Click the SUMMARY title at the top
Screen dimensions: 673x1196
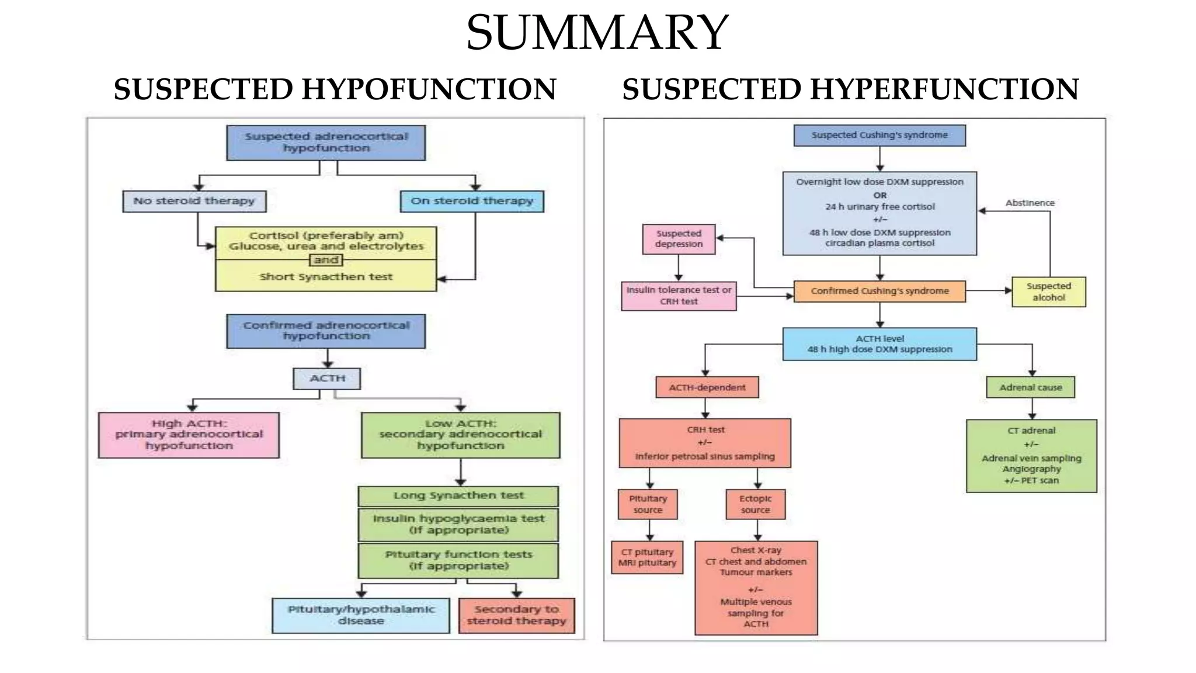597,33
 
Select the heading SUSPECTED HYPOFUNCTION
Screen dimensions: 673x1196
335,89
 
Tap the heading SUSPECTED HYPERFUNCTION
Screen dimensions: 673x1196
850,89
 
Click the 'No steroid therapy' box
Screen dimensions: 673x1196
194,201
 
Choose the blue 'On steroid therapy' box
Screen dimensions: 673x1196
472,201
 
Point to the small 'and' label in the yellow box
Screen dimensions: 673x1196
325,260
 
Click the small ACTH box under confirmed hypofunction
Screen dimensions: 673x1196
326,379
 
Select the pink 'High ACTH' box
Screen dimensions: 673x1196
189,435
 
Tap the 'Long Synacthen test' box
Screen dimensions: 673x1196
458,496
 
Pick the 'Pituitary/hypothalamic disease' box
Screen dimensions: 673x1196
360,615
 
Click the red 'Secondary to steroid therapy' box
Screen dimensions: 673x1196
516,615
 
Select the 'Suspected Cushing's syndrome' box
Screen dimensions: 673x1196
879,135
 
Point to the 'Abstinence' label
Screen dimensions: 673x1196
1030,203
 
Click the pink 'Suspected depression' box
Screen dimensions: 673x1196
678,239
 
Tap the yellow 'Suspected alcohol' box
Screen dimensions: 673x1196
1048,292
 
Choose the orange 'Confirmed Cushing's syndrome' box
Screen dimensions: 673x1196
879,291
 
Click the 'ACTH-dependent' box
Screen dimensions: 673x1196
707,387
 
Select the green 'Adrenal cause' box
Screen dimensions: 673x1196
1030,387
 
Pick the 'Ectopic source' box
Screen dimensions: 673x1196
755,504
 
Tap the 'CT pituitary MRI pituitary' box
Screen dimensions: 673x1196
647,557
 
